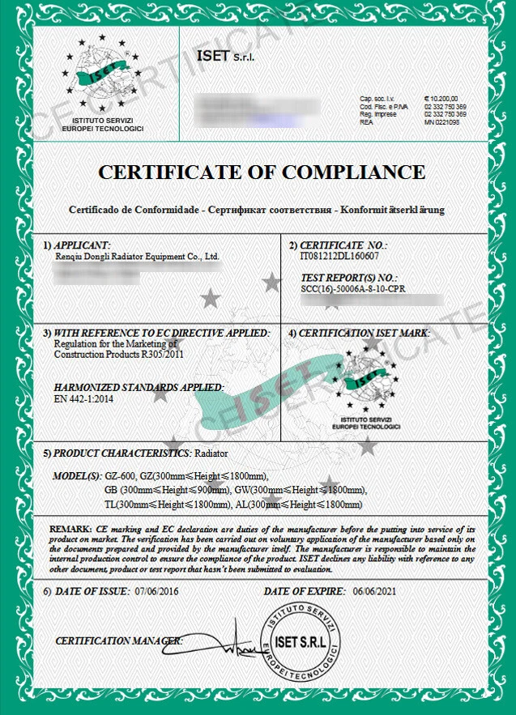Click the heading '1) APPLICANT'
[x=76, y=245]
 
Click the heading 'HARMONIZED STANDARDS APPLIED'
[x=138, y=387]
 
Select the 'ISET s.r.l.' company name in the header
[x=226, y=56]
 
